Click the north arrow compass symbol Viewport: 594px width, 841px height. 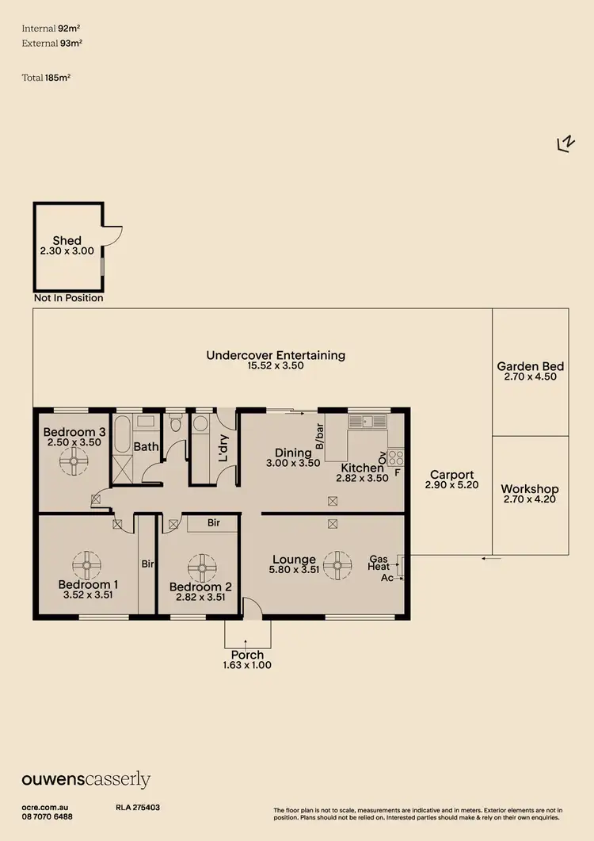pos(565,143)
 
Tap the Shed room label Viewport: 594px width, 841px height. pos(67,241)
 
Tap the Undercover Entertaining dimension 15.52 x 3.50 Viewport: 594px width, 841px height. pos(276,366)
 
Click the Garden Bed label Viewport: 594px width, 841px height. pos(530,366)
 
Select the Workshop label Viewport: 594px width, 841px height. pos(530,489)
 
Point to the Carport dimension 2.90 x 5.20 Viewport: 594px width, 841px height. pos(451,485)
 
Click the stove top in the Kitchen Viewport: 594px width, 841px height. pos(395,457)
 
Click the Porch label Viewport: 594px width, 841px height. pos(247,655)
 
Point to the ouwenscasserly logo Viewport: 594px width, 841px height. pos(86,780)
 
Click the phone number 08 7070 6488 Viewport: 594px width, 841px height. pos(48,816)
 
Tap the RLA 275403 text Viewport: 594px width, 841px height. pos(138,807)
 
